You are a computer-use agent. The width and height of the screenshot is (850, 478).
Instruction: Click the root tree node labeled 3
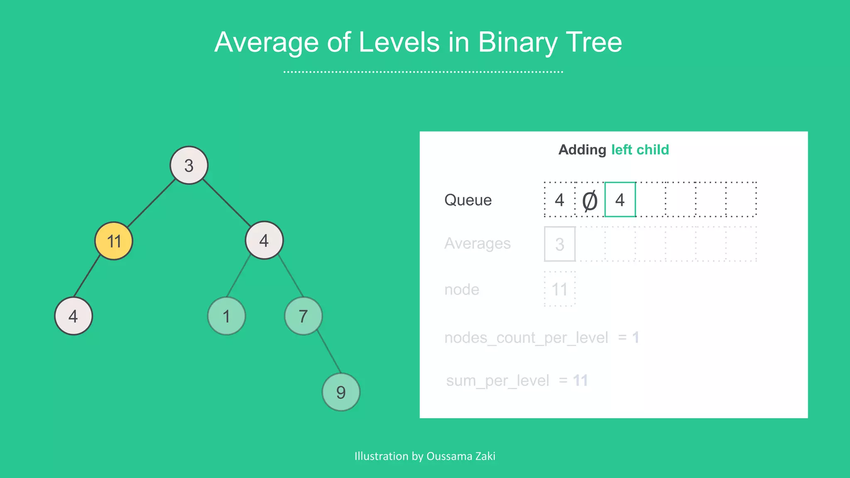tap(189, 165)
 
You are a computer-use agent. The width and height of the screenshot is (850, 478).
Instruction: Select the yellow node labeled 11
tap(114, 241)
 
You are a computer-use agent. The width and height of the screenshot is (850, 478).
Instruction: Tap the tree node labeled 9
tap(341, 392)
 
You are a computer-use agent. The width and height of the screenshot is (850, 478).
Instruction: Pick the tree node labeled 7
tap(303, 316)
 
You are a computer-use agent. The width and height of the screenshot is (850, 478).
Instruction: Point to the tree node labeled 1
tap(226, 316)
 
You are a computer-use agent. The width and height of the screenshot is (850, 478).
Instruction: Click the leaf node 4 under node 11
tap(73, 316)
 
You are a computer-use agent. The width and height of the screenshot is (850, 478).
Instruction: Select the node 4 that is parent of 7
tap(264, 240)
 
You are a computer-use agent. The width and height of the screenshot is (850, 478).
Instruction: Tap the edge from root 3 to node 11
tap(151, 203)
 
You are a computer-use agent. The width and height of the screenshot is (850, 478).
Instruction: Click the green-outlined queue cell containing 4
tap(620, 200)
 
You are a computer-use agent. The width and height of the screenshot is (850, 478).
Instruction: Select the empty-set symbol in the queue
tap(590, 200)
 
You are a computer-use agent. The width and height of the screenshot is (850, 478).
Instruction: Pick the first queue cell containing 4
tap(559, 200)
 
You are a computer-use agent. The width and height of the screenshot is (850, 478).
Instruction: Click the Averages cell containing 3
tap(559, 244)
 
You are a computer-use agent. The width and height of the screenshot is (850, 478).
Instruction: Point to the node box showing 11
tap(559, 289)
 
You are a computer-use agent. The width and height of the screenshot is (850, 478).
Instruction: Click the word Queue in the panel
tap(468, 200)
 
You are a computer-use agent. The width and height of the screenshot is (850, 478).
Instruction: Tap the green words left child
tap(640, 149)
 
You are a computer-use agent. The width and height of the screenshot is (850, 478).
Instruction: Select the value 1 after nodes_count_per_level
tap(635, 337)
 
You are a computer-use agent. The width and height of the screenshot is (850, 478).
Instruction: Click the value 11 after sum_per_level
tap(580, 380)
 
